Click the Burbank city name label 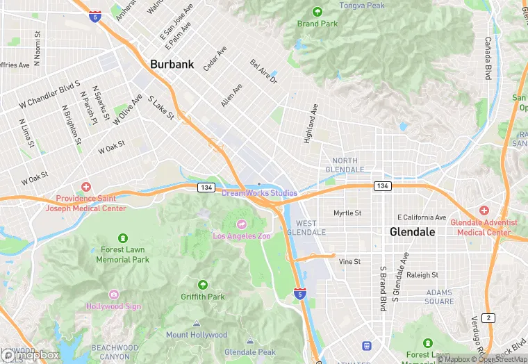(x=172, y=65)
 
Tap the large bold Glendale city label (x=412, y=231)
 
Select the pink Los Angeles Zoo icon (x=242, y=224)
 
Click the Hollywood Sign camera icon (x=113, y=295)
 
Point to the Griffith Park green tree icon (x=203, y=285)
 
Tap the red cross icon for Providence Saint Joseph (x=86, y=187)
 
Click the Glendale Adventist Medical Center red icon (x=484, y=210)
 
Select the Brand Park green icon (x=317, y=12)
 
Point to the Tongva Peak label (x=361, y=6)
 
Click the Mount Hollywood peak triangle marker (x=197, y=324)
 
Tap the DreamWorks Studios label (x=259, y=193)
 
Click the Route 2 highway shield (x=490, y=318)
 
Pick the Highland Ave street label (x=310, y=124)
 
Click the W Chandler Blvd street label (x=50, y=94)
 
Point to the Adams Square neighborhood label (x=439, y=297)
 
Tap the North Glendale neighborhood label (x=344, y=165)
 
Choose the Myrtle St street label (x=347, y=213)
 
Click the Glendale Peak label (x=250, y=352)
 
